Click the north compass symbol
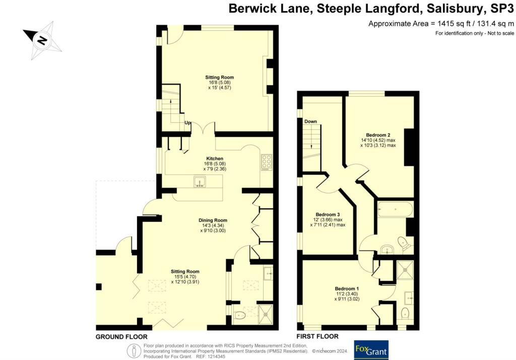(42, 38)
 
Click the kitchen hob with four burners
(266, 162)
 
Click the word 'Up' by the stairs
(188, 123)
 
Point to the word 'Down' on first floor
(310, 121)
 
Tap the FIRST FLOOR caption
(318, 336)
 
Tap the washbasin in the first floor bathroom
(386, 249)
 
